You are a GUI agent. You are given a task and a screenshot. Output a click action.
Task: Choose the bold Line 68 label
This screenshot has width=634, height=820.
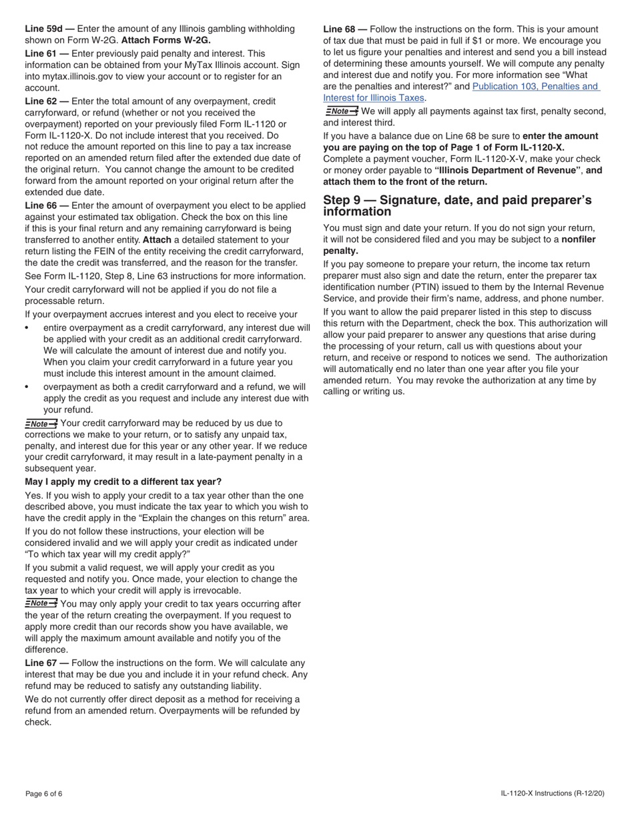pyautogui.click(x=343, y=29)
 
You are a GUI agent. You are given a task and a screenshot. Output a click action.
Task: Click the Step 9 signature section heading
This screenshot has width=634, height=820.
pyautogui.click(x=457, y=205)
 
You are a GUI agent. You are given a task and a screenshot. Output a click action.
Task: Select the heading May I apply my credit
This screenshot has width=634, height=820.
pyautogui.click(x=123, y=481)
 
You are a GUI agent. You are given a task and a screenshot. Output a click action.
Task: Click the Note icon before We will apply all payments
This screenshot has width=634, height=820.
pyautogui.click(x=341, y=111)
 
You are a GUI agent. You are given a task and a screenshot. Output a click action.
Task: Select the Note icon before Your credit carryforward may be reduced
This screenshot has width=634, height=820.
pyautogui.click(x=41, y=423)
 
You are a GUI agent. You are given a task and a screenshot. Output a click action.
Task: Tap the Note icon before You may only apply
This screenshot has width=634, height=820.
pyautogui.click(x=41, y=604)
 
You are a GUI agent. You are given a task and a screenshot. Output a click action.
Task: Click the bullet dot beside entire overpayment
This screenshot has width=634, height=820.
pyautogui.click(x=27, y=328)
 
